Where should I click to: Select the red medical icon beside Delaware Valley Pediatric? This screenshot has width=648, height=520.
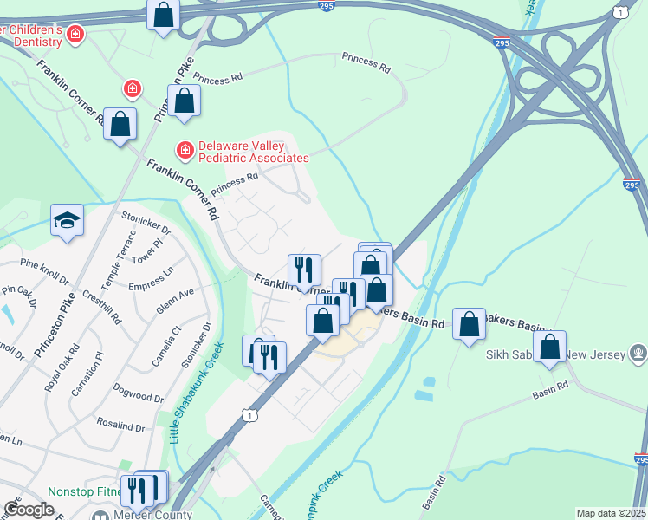185,151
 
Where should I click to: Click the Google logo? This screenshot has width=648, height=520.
29,509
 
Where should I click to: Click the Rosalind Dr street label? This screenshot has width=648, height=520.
121,426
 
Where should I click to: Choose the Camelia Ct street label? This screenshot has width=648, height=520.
166,343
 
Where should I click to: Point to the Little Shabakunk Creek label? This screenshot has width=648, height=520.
196,392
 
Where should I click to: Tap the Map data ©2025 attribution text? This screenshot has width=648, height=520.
611,513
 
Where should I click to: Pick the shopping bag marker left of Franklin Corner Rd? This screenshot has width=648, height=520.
120,124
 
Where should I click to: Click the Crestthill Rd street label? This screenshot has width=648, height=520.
93,301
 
